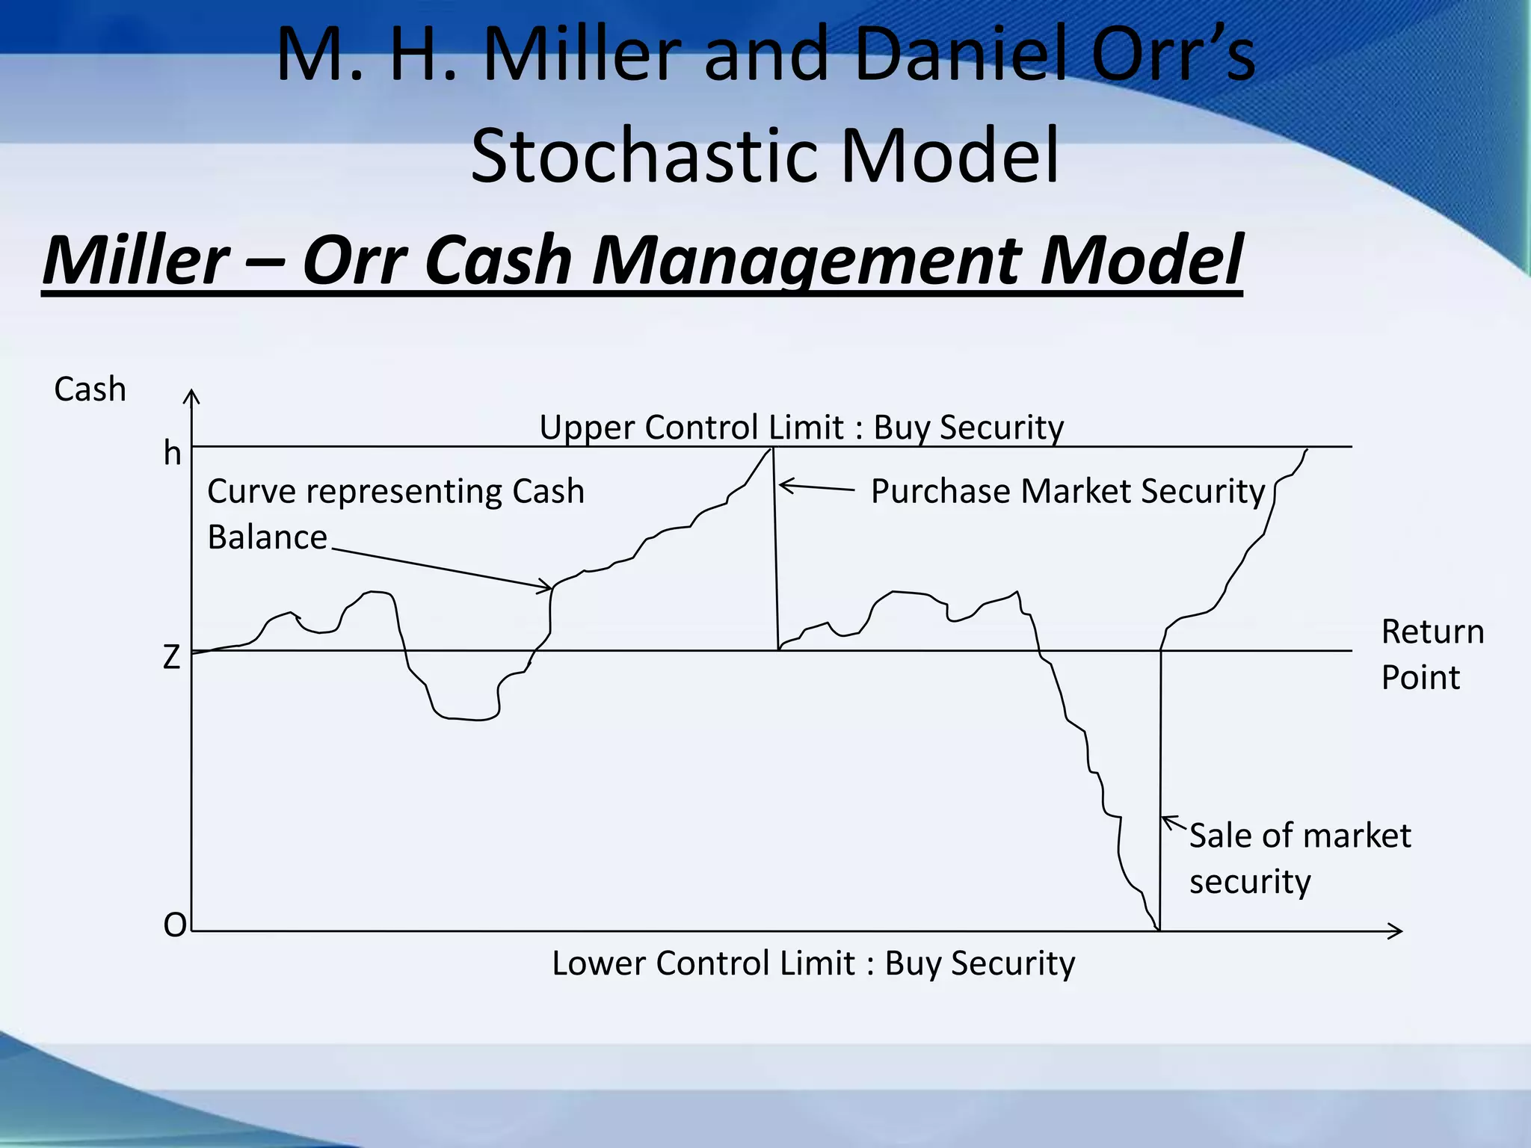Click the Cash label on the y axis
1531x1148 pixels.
coord(90,389)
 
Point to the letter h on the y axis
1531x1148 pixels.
coord(173,453)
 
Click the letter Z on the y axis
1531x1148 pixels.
coord(172,658)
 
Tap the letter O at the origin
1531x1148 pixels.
coord(175,925)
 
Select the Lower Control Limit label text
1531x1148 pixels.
coord(813,963)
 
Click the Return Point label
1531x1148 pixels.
coord(1431,654)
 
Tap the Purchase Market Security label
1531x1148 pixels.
coord(1068,491)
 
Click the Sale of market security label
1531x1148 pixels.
coord(1299,857)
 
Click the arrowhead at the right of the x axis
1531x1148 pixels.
coord(1396,931)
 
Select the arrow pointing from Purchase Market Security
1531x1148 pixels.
coord(815,488)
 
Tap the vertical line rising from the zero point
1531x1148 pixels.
coord(1160,785)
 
